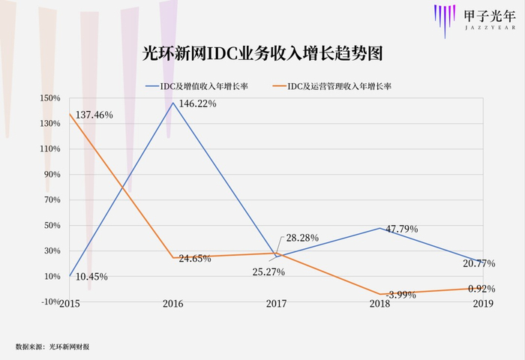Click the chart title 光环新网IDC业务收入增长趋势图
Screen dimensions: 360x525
(262, 55)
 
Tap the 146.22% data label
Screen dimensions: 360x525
(197, 104)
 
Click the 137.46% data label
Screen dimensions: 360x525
(93, 115)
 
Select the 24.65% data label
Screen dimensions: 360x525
(196, 259)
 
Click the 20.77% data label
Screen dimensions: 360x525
(480, 264)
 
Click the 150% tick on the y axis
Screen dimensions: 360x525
(50, 97)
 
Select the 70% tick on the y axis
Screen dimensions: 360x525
(52, 199)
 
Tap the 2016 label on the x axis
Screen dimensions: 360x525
(173, 304)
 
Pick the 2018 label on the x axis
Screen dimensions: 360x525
(379, 304)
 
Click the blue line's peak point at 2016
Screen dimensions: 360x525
(173, 103)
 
